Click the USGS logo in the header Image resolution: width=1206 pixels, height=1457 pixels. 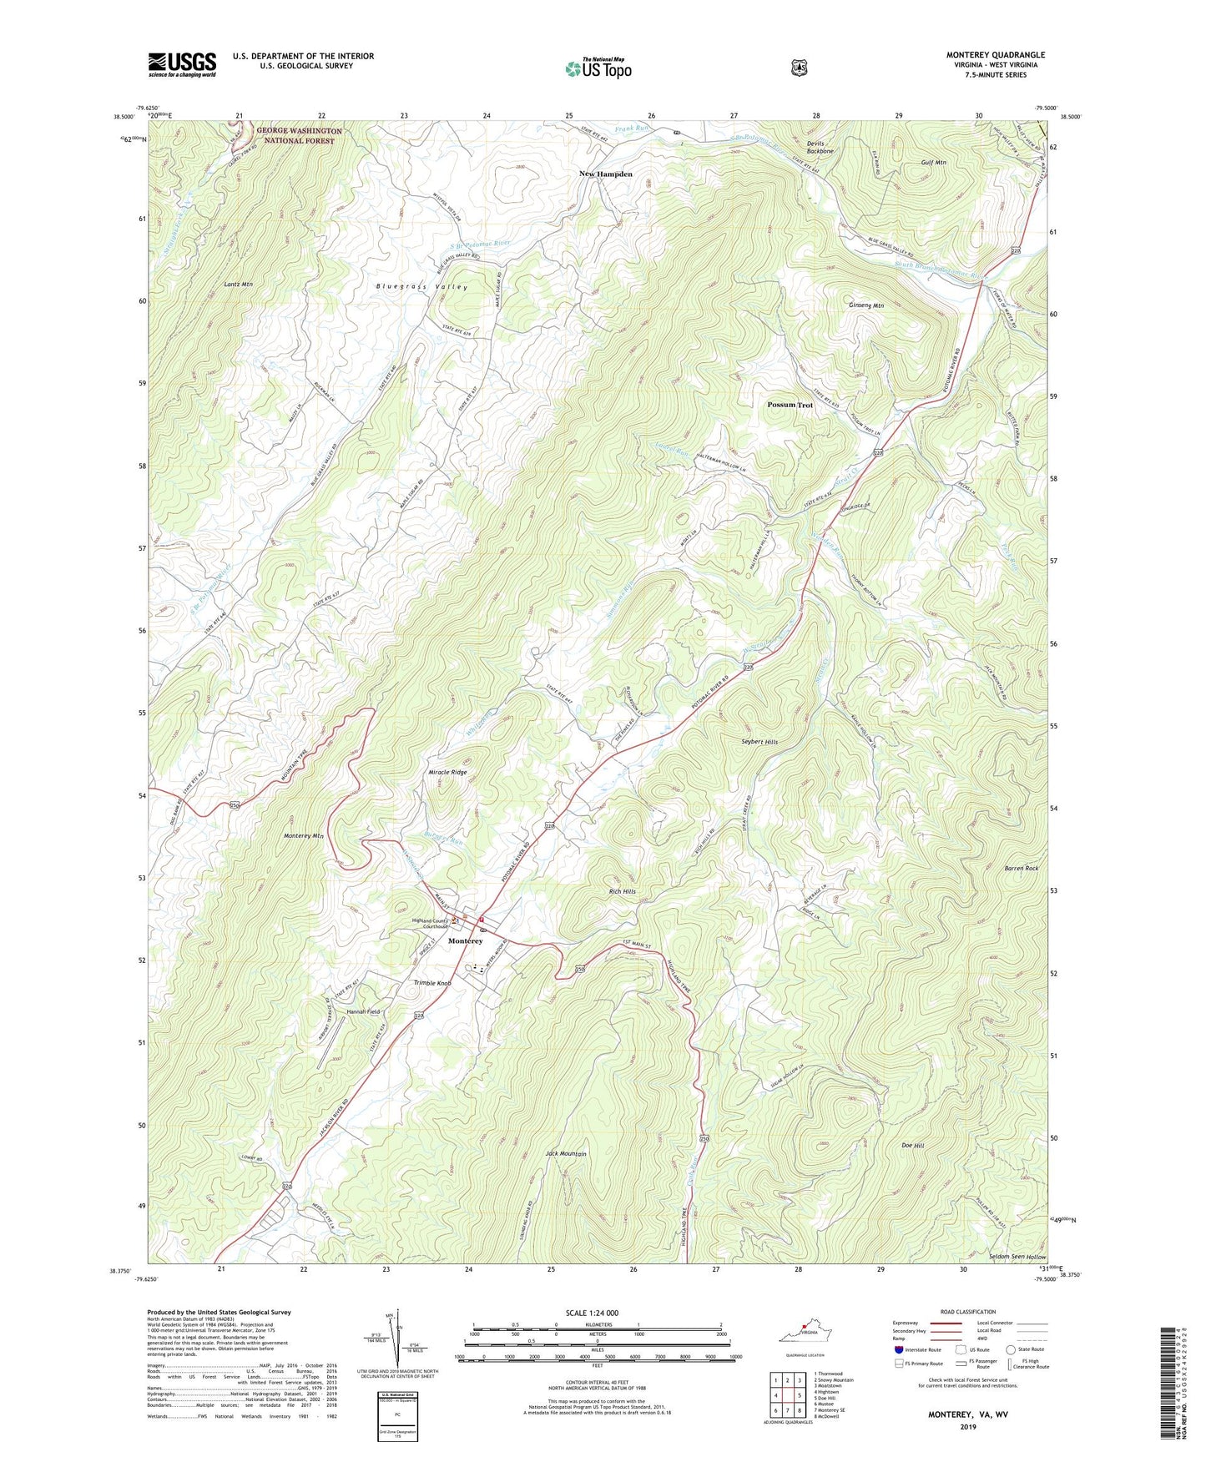tap(182, 64)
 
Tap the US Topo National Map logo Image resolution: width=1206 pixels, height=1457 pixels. tap(598, 68)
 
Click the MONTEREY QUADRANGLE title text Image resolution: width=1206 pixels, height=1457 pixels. tap(995, 55)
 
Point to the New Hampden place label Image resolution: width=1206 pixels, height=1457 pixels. tap(606, 174)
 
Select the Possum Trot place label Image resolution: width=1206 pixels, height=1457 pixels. tap(790, 405)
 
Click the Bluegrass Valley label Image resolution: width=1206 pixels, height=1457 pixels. tap(421, 286)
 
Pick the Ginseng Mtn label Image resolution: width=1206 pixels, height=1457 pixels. tap(865, 305)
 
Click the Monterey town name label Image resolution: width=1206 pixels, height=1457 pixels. tap(465, 941)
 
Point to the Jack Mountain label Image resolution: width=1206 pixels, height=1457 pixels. tap(566, 1154)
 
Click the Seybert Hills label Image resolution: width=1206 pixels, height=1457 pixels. tap(754, 742)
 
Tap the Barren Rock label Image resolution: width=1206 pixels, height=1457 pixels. tap(1021, 869)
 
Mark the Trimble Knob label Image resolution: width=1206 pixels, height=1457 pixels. tap(432, 983)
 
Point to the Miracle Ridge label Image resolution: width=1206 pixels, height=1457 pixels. tap(447, 773)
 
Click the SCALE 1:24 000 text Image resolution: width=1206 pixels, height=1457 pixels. tap(592, 1313)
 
